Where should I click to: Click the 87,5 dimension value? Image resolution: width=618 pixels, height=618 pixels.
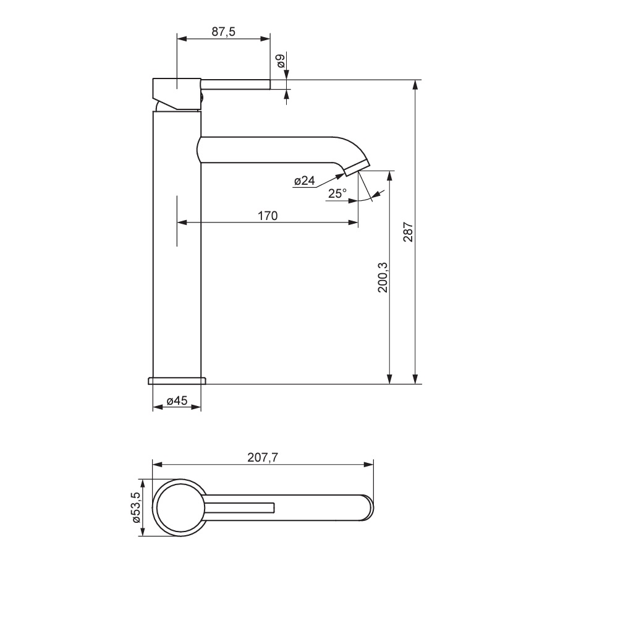pyautogui.click(x=224, y=32)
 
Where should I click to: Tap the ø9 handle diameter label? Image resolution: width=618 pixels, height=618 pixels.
pyautogui.click(x=280, y=61)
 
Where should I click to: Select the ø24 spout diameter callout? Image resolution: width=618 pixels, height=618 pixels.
pyautogui.click(x=305, y=180)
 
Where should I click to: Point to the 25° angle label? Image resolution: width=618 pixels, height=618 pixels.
pyautogui.click(x=337, y=193)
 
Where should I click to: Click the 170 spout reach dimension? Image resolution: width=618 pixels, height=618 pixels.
pyautogui.click(x=268, y=216)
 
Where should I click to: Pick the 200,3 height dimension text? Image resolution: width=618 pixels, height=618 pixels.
pyautogui.click(x=383, y=277)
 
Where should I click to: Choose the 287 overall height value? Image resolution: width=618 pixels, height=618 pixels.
pyautogui.click(x=408, y=232)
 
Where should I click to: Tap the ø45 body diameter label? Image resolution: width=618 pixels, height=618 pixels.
pyautogui.click(x=177, y=400)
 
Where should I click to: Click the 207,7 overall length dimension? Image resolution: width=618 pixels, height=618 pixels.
pyautogui.click(x=263, y=457)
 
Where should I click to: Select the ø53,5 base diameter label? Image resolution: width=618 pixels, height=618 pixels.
pyautogui.click(x=136, y=507)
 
